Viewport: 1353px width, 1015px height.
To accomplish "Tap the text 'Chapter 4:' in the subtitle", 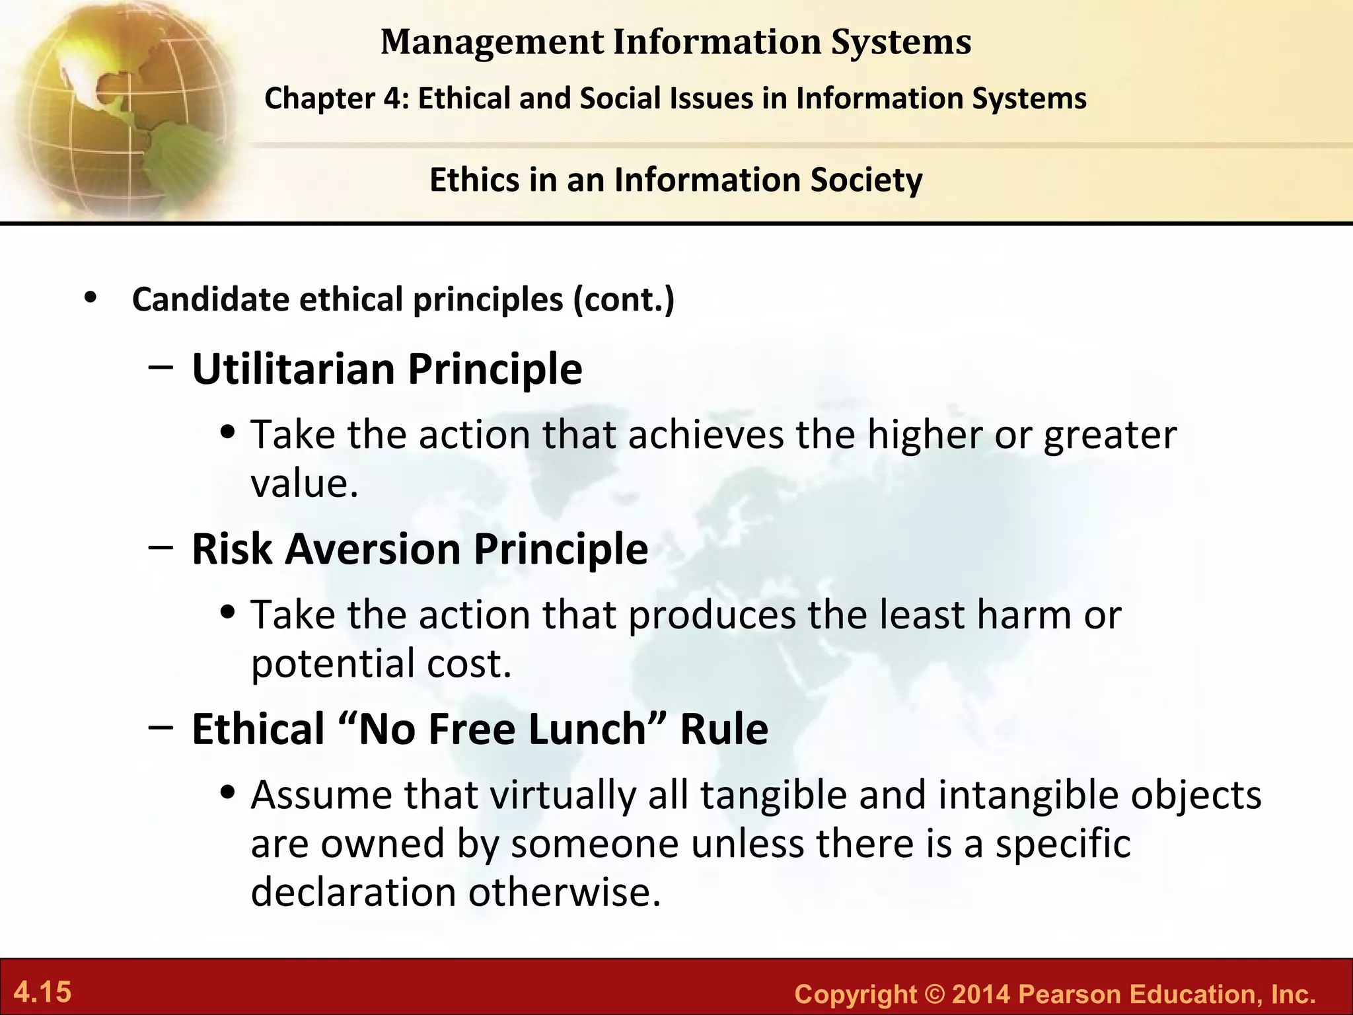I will [x=337, y=98].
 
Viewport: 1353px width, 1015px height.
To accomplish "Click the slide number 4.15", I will [x=43, y=992].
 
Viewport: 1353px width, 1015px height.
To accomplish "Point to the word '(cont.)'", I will [x=624, y=299].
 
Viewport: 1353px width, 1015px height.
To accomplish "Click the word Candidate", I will [x=211, y=299].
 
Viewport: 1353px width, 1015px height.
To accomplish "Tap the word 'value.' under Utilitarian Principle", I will [x=305, y=483].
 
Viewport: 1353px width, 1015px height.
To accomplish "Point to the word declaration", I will [x=353, y=891].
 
